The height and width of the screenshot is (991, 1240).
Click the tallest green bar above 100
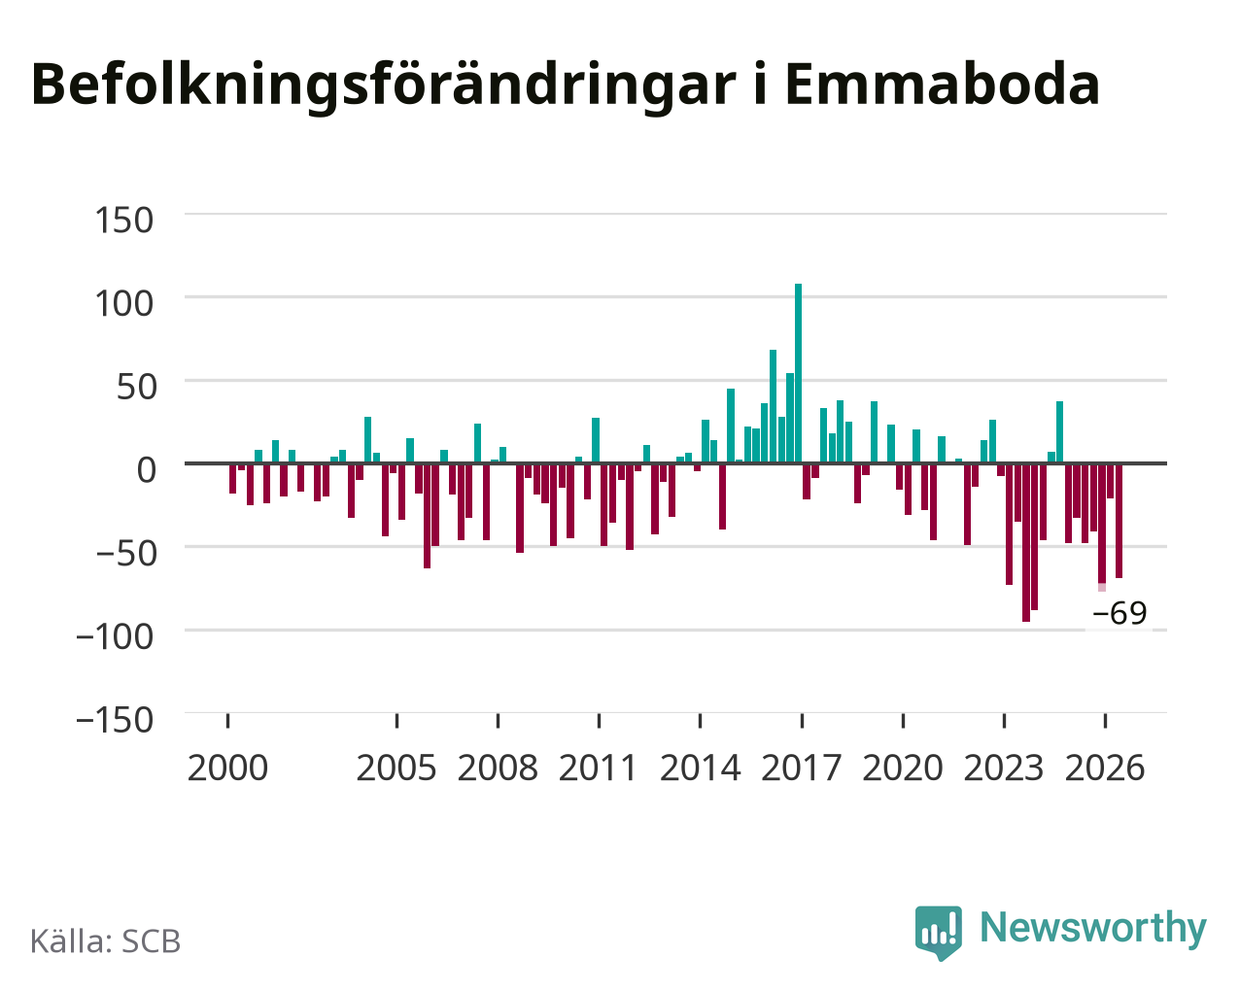click(x=798, y=373)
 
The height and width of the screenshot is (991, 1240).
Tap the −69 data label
click(x=1119, y=612)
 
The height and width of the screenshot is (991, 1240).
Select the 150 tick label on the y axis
click(x=123, y=221)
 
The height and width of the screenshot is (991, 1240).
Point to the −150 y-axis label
click(x=115, y=720)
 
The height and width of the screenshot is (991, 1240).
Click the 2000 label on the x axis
click(x=227, y=768)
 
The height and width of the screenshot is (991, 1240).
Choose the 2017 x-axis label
click(x=801, y=768)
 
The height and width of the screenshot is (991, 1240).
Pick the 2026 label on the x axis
click(x=1105, y=768)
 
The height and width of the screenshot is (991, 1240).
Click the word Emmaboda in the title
click(x=942, y=85)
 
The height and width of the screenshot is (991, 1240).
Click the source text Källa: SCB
click(x=106, y=941)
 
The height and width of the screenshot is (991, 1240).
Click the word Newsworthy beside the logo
click(x=1093, y=929)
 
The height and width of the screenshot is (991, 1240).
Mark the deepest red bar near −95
click(x=1025, y=542)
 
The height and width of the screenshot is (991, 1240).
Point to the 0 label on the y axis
click(x=147, y=469)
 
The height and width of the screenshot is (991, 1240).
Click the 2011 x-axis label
click(x=598, y=768)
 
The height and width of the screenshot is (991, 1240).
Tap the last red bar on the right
click(x=1119, y=521)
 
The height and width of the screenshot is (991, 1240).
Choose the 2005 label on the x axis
click(x=396, y=768)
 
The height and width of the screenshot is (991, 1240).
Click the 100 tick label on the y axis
click(x=123, y=304)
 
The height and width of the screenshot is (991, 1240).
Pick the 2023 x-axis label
click(x=1004, y=768)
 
